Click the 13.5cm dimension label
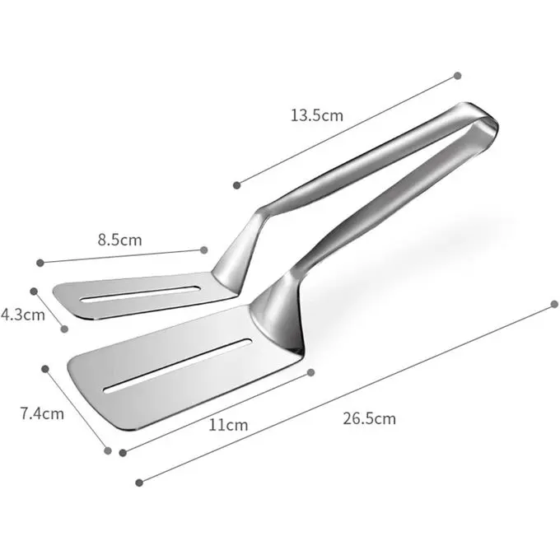pyautogui.click(x=317, y=115)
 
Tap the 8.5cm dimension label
pyautogui.click(x=120, y=240)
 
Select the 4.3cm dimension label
pyautogui.click(x=23, y=315)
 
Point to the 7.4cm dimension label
pyautogui.click(x=42, y=413)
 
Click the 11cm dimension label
pyautogui.click(x=228, y=425)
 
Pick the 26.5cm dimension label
pyautogui.click(x=369, y=418)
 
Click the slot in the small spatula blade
pyautogui.click(x=141, y=293)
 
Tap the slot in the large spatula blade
pyautogui.click(x=178, y=366)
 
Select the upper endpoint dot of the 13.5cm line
pyautogui.click(x=458, y=76)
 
